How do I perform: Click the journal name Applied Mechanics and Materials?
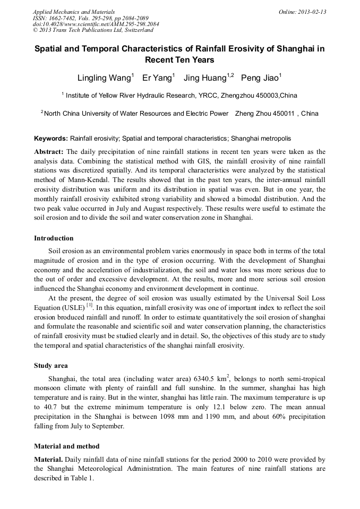coord(74,11)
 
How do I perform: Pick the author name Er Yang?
coord(157,78)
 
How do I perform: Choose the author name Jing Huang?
coord(205,78)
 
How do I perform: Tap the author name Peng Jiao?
coord(260,78)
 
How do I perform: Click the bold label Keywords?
coord(51,138)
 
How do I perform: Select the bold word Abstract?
coord(49,152)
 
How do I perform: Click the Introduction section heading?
coord(54,238)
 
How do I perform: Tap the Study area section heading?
coord(51,366)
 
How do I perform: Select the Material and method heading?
coord(66,446)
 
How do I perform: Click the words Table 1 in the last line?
coord(83,478)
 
